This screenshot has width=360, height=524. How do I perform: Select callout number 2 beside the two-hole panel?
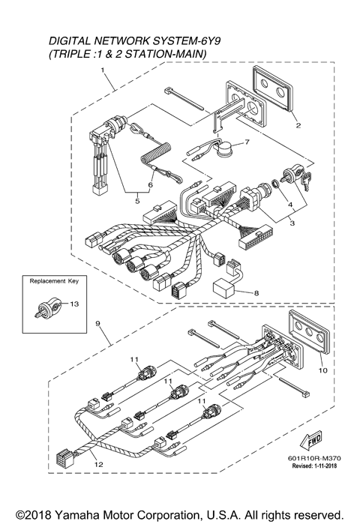pos(298,125)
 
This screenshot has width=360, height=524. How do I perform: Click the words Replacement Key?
pos(52,283)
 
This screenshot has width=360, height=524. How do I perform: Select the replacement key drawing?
pos(46,307)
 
